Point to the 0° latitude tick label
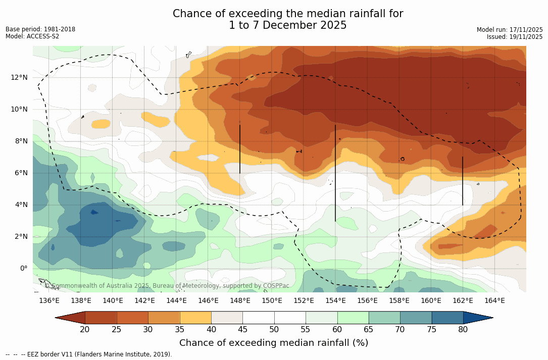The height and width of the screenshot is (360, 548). pos(23,268)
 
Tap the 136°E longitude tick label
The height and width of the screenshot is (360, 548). pos(49,301)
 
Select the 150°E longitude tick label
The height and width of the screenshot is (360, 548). pos(272,301)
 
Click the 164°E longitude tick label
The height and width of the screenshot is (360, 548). pos(494,301)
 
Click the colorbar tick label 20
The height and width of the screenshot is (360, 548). pos(85,330)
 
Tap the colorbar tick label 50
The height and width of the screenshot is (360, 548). pos(274,330)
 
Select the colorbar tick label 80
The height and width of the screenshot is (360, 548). pos(463,330)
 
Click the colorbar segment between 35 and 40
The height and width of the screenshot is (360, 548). pos(195,318)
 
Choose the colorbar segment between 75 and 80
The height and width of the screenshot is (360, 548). pos(447,318)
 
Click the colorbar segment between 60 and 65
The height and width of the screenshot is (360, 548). pos(353,318)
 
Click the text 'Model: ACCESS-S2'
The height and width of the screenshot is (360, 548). pos(32,36)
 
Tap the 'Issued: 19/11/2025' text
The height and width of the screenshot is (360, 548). pos(515,37)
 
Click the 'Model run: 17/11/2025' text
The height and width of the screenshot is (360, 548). pos(510,30)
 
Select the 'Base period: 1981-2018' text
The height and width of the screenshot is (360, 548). pos(40,29)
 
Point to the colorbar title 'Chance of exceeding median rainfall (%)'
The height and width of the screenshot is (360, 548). pos(274,343)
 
